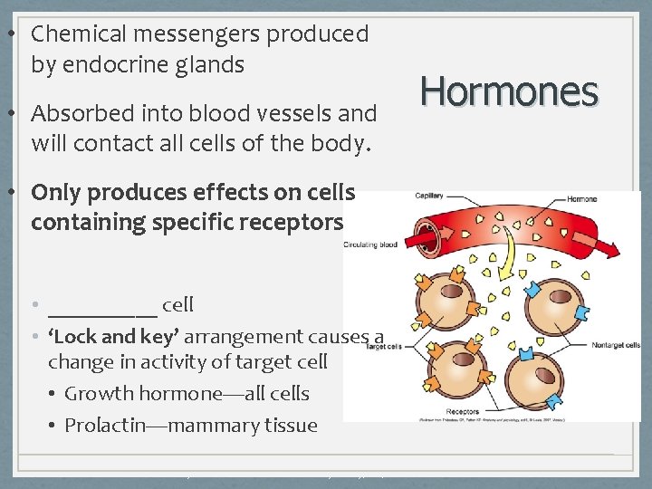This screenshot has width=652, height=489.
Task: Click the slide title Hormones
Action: tap(510, 91)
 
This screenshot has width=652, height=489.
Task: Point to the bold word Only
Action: tap(53, 192)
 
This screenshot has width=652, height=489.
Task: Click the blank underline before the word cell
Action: tap(102, 306)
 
